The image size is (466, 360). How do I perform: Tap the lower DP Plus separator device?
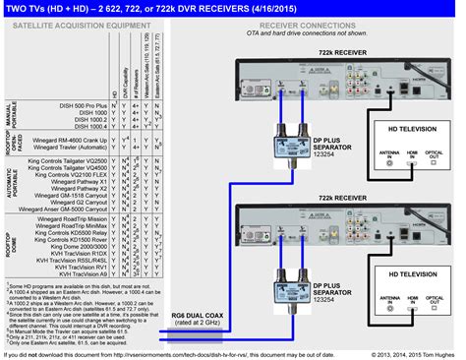270,264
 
